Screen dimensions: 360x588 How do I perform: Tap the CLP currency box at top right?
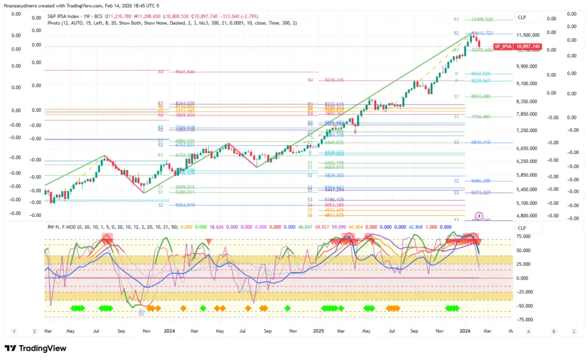521,18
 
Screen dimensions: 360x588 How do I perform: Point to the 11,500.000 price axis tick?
528,35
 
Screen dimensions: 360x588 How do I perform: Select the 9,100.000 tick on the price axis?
528,84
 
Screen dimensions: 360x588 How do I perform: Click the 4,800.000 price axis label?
528,216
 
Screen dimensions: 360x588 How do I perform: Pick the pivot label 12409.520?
482,20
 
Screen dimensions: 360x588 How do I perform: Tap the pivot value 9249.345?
334,80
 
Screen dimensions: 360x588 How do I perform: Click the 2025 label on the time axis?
318,331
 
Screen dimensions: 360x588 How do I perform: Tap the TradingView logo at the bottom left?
36,348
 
